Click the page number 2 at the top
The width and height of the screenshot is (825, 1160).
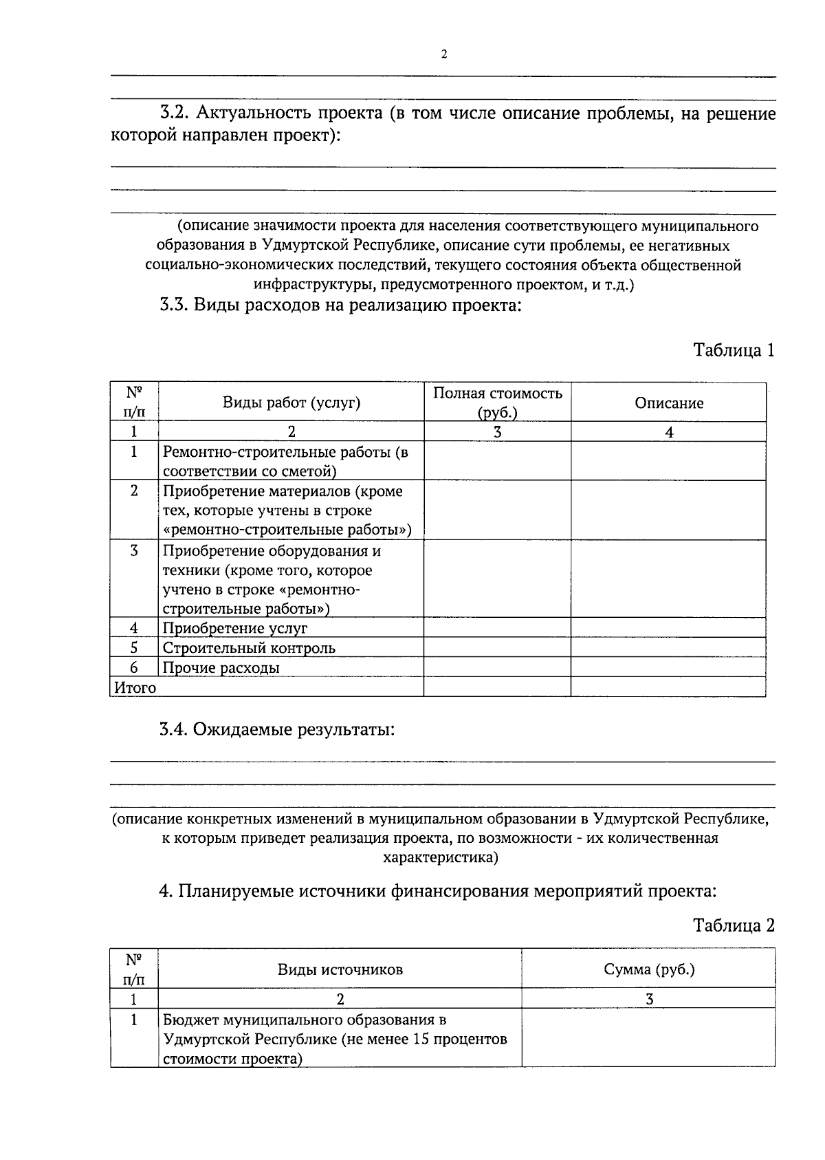click(x=443, y=54)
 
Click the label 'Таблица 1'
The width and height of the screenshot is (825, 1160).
click(x=734, y=350)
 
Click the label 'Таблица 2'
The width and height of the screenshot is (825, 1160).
click(x=734, y=925)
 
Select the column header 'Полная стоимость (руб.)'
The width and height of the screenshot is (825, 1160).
click(x=497, y=402)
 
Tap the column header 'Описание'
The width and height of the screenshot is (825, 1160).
click(x=668, y=403)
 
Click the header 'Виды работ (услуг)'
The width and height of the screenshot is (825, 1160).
click(x=291, y=403)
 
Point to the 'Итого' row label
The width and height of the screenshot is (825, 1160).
click(x=135, y=687)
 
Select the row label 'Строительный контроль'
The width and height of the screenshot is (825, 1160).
click(x=249, y=647)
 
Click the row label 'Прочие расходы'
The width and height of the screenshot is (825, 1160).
click(x=221, y=667)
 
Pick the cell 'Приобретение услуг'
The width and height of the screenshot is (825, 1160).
click(x=235, y=627)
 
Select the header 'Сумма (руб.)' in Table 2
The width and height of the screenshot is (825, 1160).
click(x=648, y=969)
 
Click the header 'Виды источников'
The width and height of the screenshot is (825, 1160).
click(x=340, y=969)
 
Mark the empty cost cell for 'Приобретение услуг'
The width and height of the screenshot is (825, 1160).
click(x=497, y=627)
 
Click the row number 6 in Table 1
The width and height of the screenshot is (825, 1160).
click(x=134, y=667)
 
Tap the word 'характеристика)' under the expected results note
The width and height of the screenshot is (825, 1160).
click(x=440, y=858)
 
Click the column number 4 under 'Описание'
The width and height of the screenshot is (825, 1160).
click(x=668, y=431)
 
